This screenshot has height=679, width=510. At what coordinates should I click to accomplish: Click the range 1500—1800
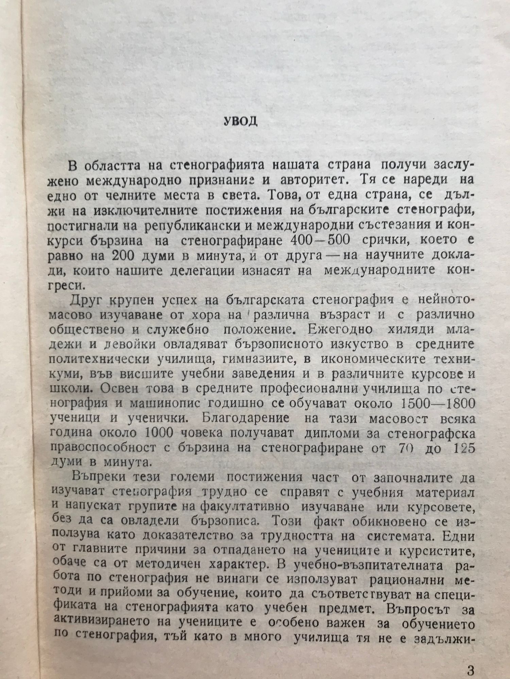click(x=438, y=404)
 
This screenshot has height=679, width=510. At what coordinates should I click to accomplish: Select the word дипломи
click(x=309, y=434)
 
